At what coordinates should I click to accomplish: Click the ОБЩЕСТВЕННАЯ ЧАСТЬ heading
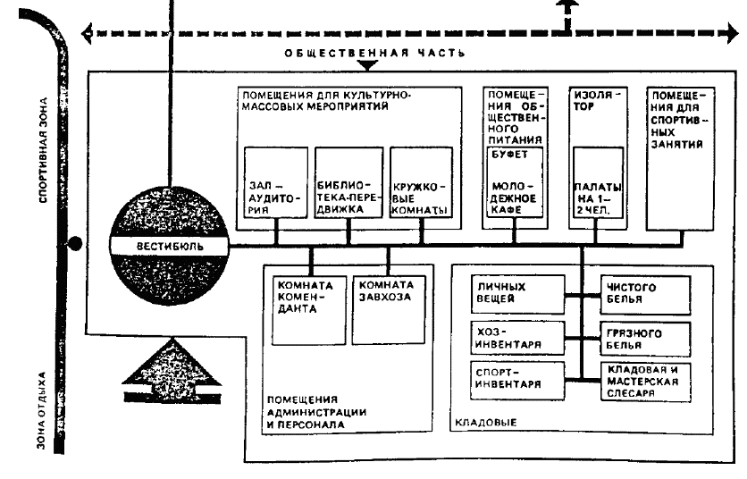(374, 52)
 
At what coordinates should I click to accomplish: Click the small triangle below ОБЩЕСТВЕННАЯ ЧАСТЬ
(367, 66)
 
